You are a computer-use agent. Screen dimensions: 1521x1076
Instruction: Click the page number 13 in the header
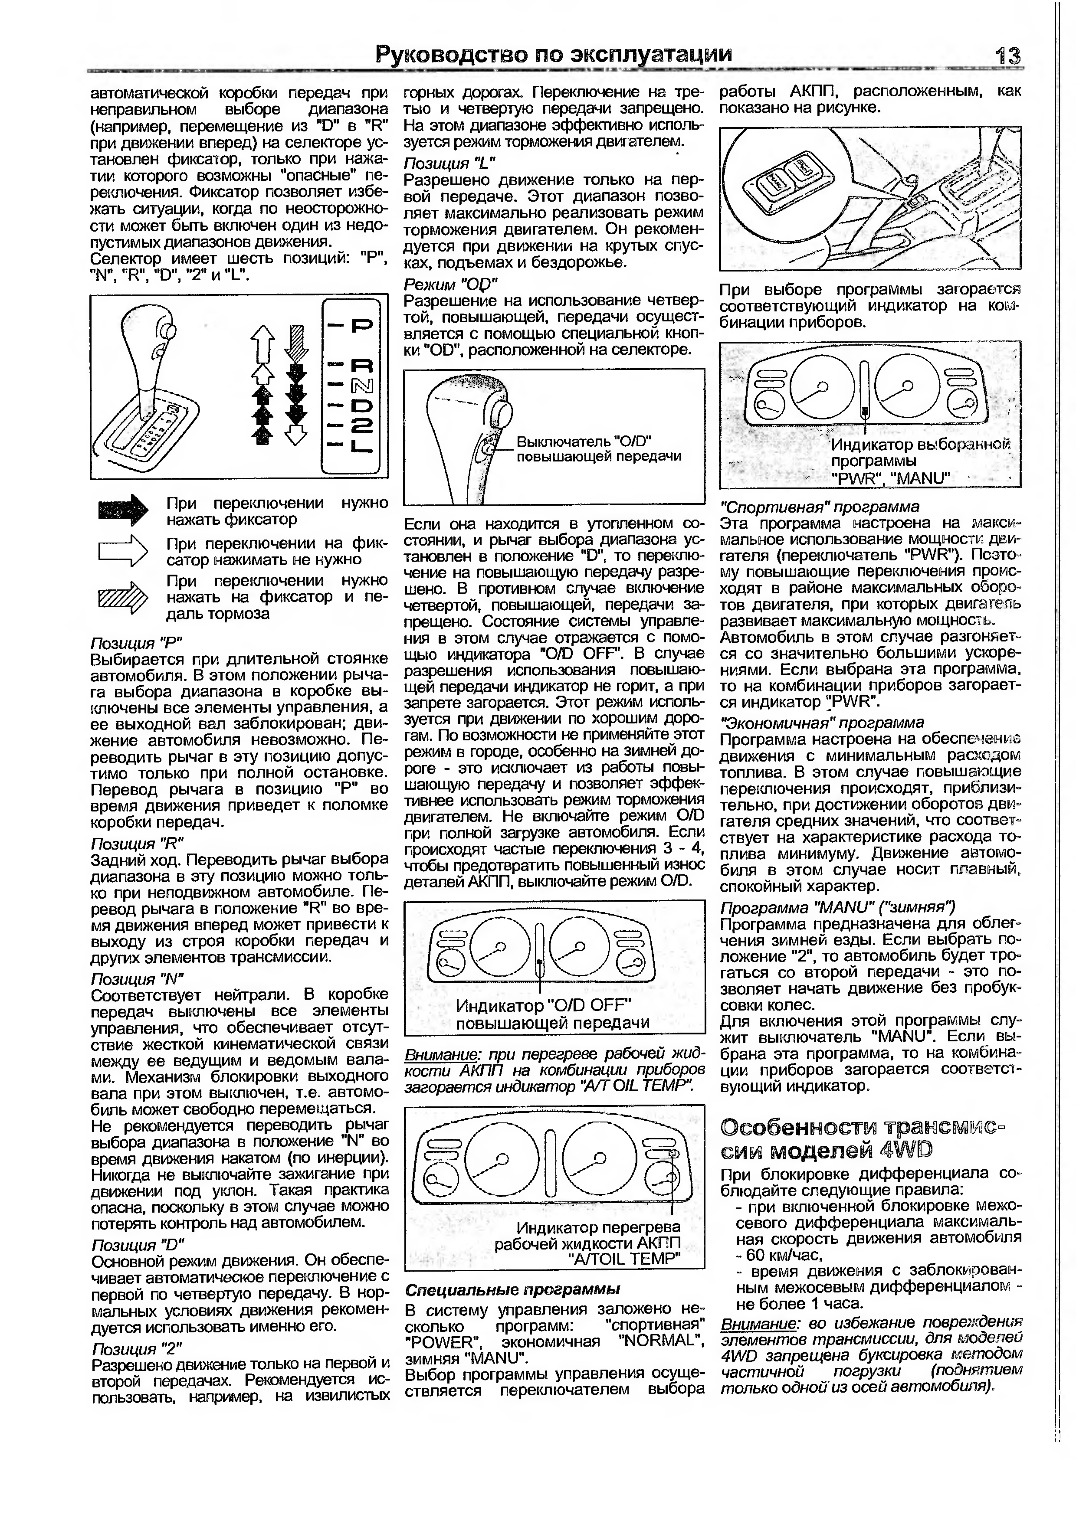tap(1007, 56)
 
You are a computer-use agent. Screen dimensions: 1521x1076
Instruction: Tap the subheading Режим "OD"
tap(450, 284)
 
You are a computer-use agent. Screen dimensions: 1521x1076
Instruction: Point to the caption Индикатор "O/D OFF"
tap(543, 1006)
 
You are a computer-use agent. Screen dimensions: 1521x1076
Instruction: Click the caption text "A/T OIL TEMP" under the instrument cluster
tap(624, 1258)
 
